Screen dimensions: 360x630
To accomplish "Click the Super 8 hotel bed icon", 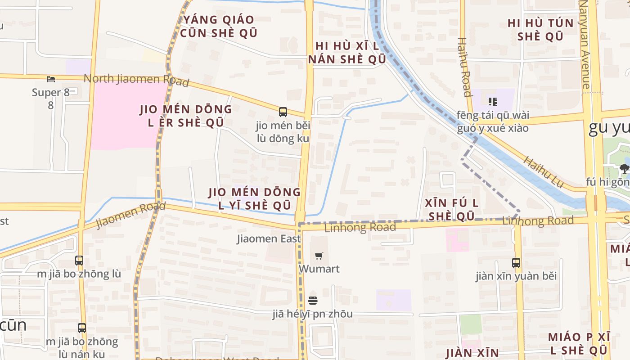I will click(x=51, y=79).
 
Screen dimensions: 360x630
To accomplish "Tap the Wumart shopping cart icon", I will click(x=319, y=256).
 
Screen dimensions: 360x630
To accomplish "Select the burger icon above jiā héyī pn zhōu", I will click(x=313, y=301).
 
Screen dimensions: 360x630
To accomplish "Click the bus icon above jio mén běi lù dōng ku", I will click(x=283, y=112).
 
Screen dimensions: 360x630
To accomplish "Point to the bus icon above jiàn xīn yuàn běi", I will click(x=516, y=262).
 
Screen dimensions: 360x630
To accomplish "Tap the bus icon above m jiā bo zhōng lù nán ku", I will click(x=81, y=328).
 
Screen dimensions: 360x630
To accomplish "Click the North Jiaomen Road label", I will click(x=136, y=80).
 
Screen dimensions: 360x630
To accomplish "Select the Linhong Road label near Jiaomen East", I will click(x=360, y=227).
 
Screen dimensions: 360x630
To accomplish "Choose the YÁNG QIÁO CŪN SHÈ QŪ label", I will click(x=219, y=26).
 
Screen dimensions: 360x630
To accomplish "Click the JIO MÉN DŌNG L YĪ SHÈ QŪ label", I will click(x=255, y=199).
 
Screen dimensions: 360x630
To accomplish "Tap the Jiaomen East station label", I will click(x=269, y=238).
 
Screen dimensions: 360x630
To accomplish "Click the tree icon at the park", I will click(x=624, y=169).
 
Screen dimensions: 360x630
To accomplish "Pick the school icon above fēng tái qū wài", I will click(x=492, y=101).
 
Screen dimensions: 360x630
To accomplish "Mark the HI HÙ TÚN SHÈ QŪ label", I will click(x=540, y=30).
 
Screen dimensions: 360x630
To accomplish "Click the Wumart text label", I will click(x=319, y=269).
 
